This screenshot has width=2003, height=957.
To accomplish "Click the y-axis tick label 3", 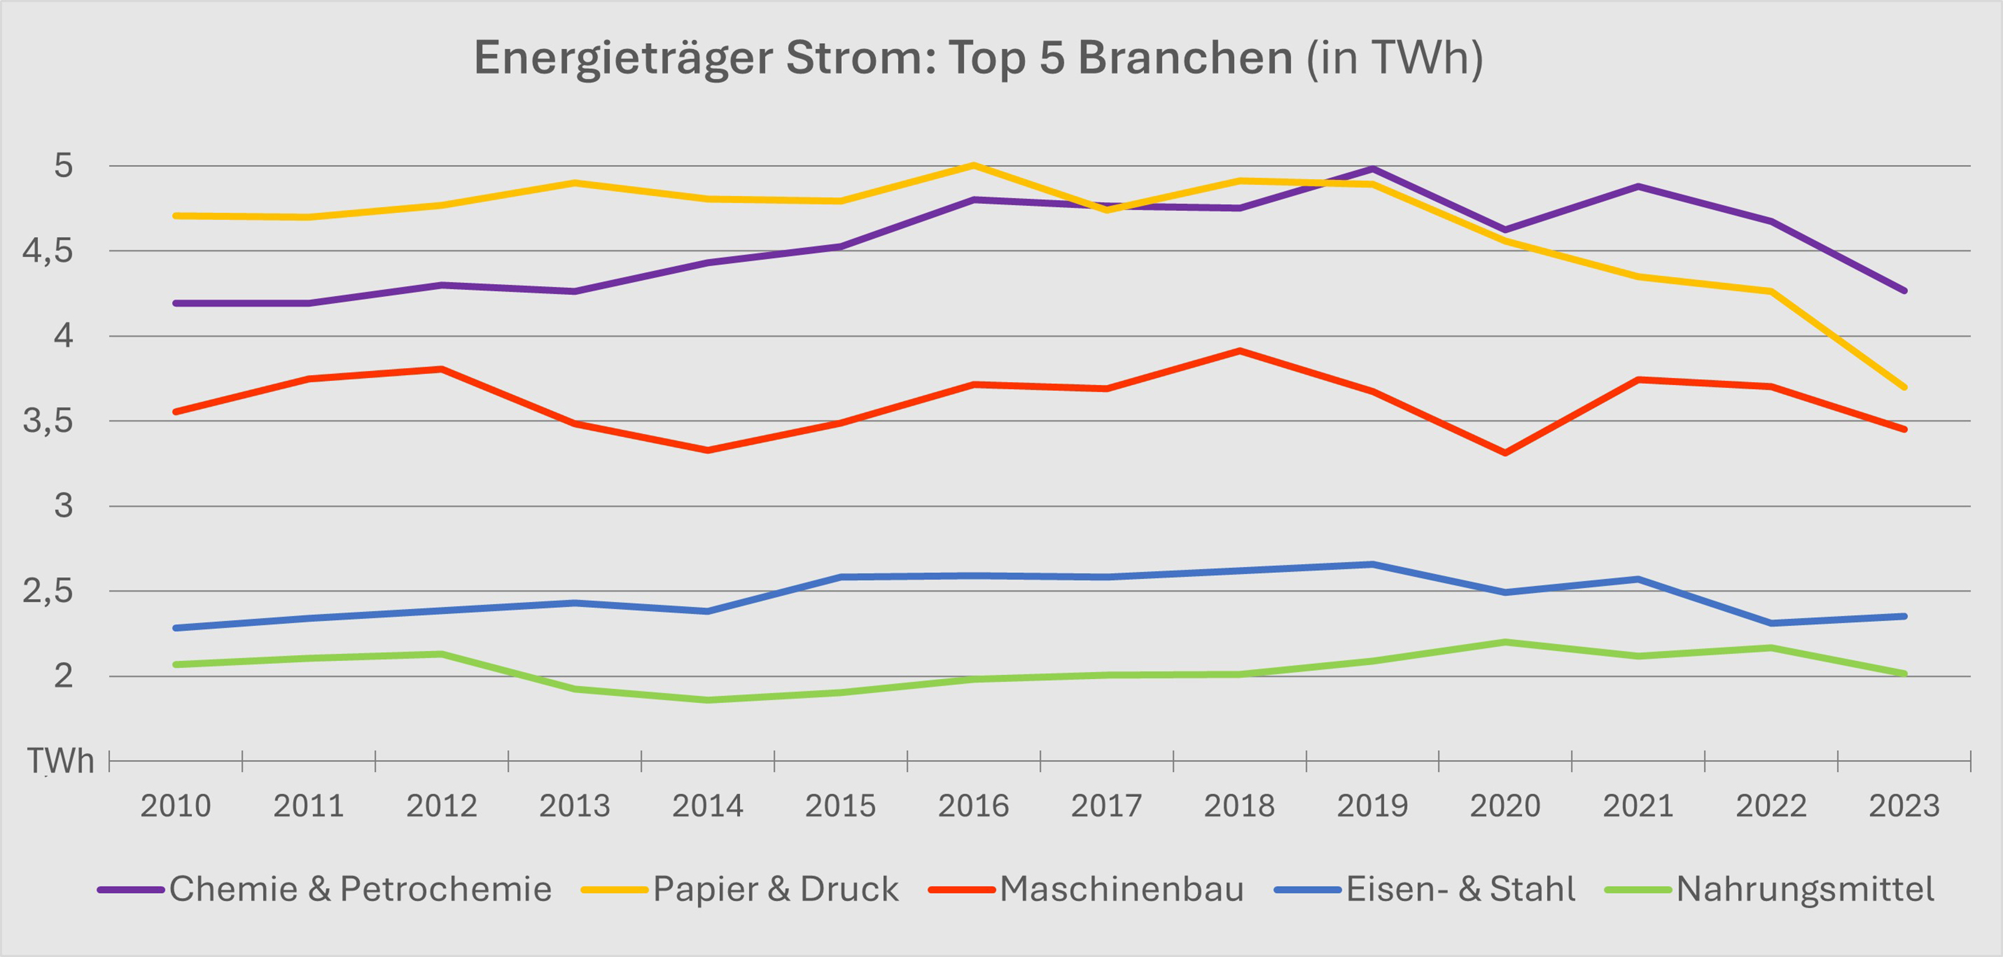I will coord(63,506).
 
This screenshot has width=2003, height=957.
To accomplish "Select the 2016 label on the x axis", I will coord(973,806).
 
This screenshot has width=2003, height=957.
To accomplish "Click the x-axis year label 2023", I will coord(1904,806).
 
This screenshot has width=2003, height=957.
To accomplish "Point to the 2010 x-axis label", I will coord(176,806).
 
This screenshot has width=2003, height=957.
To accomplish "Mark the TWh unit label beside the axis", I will coord(61,761).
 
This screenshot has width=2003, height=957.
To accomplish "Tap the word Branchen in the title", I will coord(1185,58).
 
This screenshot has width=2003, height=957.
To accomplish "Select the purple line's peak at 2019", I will coord(1373,169).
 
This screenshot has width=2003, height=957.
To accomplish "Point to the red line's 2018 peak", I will coord(1239,351).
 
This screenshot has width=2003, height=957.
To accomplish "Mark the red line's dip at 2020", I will coord(1505,453).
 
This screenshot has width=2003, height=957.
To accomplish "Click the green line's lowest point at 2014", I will coord(707,700).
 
